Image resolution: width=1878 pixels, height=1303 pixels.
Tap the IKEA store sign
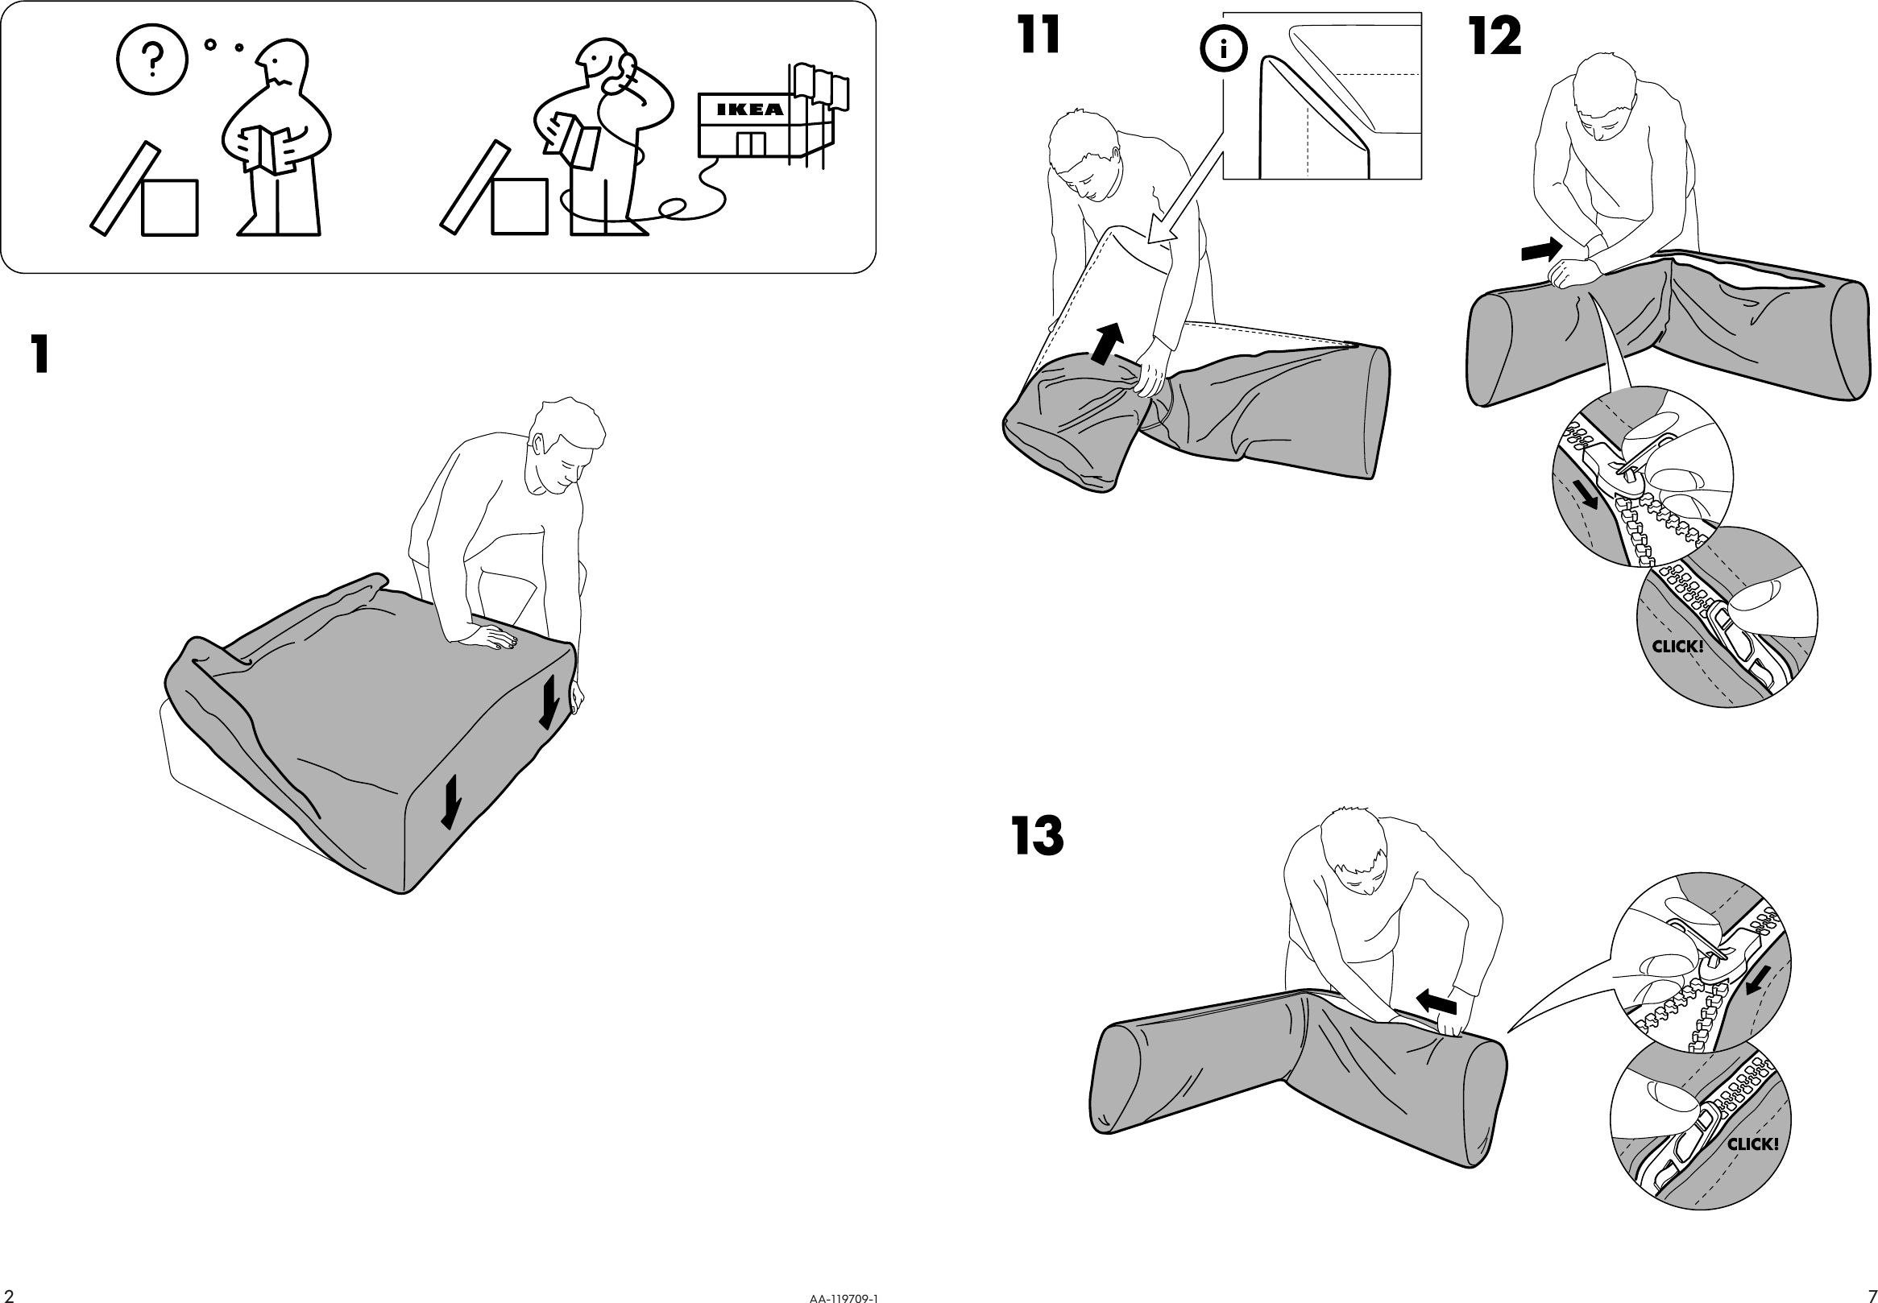(x=749, y=110)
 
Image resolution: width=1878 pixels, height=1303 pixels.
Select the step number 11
(x=1038, y=37)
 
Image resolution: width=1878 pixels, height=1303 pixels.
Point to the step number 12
(x=1495, y=38)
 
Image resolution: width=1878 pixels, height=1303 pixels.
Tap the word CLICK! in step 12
(x=1677, y=647)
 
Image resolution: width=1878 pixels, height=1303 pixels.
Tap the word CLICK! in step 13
(x=1752, y=1144)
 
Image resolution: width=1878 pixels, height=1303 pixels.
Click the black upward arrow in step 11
(x=1107, y=343)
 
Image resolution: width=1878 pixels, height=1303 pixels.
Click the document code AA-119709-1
(x=844, y=1297)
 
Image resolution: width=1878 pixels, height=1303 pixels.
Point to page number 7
(x=1872, y=1295)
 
